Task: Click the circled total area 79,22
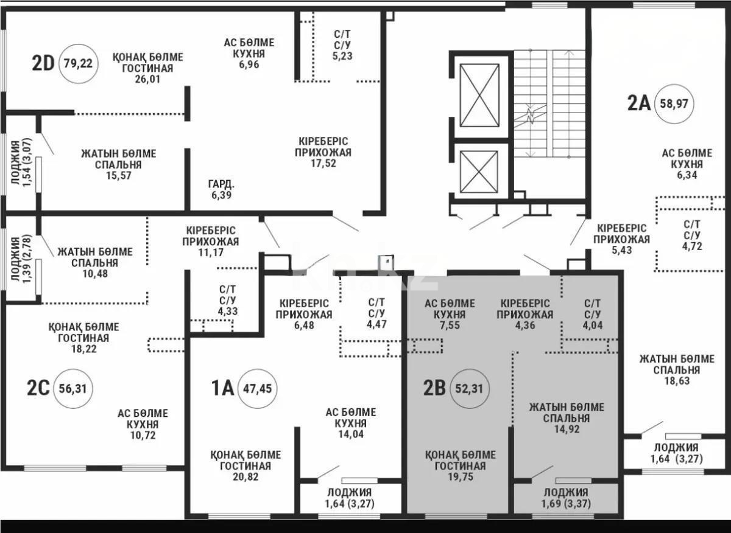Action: (79, 63)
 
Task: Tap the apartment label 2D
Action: (43, 63)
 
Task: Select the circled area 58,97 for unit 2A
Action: (674, 104)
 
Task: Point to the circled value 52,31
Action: (469, 389)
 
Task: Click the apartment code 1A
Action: (223, 388)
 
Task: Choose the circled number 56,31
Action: (72, 389)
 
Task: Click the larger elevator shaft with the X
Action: (479, 95)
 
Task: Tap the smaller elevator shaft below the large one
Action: (479, 172)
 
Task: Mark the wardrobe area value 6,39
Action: (221, 195)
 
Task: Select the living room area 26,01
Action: (148, 79)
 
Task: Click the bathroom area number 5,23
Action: (342, 56)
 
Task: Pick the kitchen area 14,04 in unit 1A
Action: (351, 434)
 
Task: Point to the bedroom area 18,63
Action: (677, 381)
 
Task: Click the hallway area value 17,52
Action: (323, 163)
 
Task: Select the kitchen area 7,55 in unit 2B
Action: (450, 326)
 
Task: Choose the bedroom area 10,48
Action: (95, 274)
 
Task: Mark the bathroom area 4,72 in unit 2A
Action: (692, 246)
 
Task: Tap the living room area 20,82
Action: (245, 476)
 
